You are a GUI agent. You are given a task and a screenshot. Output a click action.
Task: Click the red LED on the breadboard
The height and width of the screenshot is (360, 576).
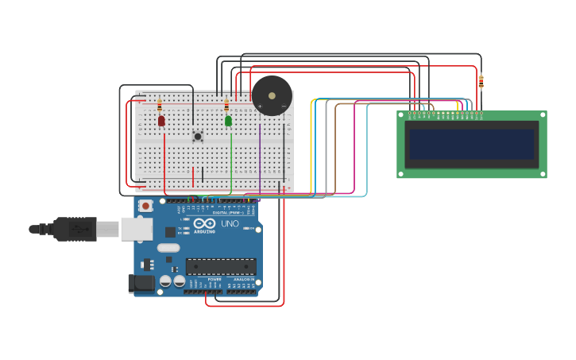coord(161,121)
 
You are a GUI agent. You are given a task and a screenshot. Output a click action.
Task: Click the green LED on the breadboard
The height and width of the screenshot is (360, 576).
coord(228,121)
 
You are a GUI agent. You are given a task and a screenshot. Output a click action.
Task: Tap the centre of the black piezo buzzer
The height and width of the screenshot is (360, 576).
coord(272,96)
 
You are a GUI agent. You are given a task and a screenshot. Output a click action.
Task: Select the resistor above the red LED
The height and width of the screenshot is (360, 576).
coord(160,105)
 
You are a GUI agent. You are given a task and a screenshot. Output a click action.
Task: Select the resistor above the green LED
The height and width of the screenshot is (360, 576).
coord(226,105)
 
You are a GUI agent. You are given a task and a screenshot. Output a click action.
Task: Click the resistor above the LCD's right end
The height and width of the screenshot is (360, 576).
coord(481,81)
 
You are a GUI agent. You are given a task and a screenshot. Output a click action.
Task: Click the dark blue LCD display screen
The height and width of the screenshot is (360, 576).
coord(471,144)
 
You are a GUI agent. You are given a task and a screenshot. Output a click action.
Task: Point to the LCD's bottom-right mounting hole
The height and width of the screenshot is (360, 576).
coord(543,173)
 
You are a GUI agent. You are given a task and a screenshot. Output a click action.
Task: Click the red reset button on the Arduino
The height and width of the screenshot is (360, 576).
coord(145,206)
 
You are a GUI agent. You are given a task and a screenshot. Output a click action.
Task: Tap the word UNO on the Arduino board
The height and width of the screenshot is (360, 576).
coord(230,224)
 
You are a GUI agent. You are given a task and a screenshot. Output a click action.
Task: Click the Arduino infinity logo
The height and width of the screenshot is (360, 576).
coord(204,223)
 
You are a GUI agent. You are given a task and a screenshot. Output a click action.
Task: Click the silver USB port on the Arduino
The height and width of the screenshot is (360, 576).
coord(136,229)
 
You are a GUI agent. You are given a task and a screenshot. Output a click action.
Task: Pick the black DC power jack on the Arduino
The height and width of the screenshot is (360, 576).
coord(142,283)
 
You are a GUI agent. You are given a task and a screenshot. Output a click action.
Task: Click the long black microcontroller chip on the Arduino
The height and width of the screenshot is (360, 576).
coord(221,266)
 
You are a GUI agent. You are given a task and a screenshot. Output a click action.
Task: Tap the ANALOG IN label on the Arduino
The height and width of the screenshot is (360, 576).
coord(243,280)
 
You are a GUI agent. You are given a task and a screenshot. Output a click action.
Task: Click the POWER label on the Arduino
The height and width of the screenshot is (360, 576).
coord(215,280)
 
